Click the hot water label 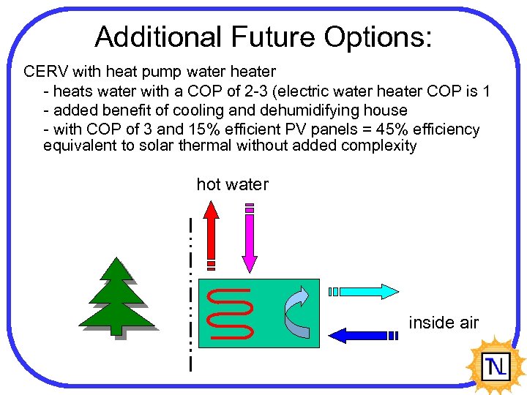tap(232, 184)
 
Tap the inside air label tap(444, 323)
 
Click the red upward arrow tap(211, 234)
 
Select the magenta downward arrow tap(250, 238)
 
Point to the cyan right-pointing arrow tap(365, 291)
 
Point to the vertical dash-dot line tap(190, 293)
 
